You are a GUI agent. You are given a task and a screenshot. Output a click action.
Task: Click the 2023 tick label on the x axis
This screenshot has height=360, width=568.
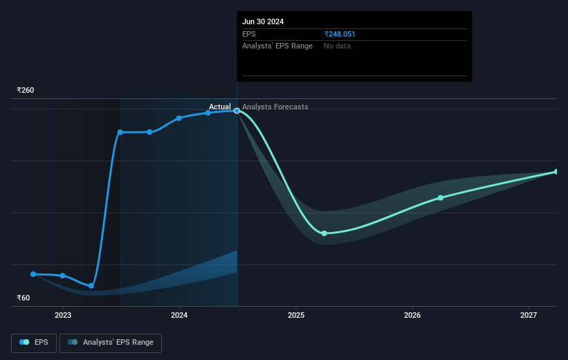click(63, 316)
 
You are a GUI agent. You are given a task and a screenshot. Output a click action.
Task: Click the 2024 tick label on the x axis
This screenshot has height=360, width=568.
click(179, 316)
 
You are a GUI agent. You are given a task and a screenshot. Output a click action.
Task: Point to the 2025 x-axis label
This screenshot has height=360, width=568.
click(296, 316)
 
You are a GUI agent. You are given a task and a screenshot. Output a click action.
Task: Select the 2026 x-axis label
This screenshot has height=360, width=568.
click(412, 316)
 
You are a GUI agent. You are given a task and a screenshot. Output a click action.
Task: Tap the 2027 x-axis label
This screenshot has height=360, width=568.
click(529, 316)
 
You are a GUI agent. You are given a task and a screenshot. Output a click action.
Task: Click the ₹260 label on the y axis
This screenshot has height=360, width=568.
click(26, 90)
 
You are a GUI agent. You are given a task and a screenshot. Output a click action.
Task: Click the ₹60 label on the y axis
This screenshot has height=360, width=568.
click(24, 298)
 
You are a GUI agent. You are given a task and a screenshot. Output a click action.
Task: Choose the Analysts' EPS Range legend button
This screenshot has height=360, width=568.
click(111, 342)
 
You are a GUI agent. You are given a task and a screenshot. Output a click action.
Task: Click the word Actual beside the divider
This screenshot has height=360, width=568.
click(220, 107)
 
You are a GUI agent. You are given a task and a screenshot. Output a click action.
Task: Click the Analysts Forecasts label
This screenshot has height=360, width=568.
click(275, 107)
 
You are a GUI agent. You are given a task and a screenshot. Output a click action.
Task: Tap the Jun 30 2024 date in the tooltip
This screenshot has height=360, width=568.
click(263, 21)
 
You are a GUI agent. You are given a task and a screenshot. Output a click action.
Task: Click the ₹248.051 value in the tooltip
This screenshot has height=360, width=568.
click(340, 34)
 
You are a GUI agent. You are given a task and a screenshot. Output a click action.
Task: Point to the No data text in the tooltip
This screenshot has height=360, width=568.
click(338, 46)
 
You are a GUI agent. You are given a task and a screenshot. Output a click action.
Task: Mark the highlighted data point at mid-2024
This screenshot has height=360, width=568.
click(237, 110)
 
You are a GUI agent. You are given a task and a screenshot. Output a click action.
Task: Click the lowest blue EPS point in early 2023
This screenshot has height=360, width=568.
click(91, 285)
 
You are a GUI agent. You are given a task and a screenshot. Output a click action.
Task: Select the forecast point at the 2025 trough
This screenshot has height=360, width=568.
click(324, 233)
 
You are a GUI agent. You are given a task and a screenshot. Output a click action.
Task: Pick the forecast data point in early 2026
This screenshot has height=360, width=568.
click(441, 198)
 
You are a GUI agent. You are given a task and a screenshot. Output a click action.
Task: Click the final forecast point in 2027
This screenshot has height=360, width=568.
click(556, 172)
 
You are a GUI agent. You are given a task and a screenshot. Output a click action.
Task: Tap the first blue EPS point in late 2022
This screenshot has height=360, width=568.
click(33, 274)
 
